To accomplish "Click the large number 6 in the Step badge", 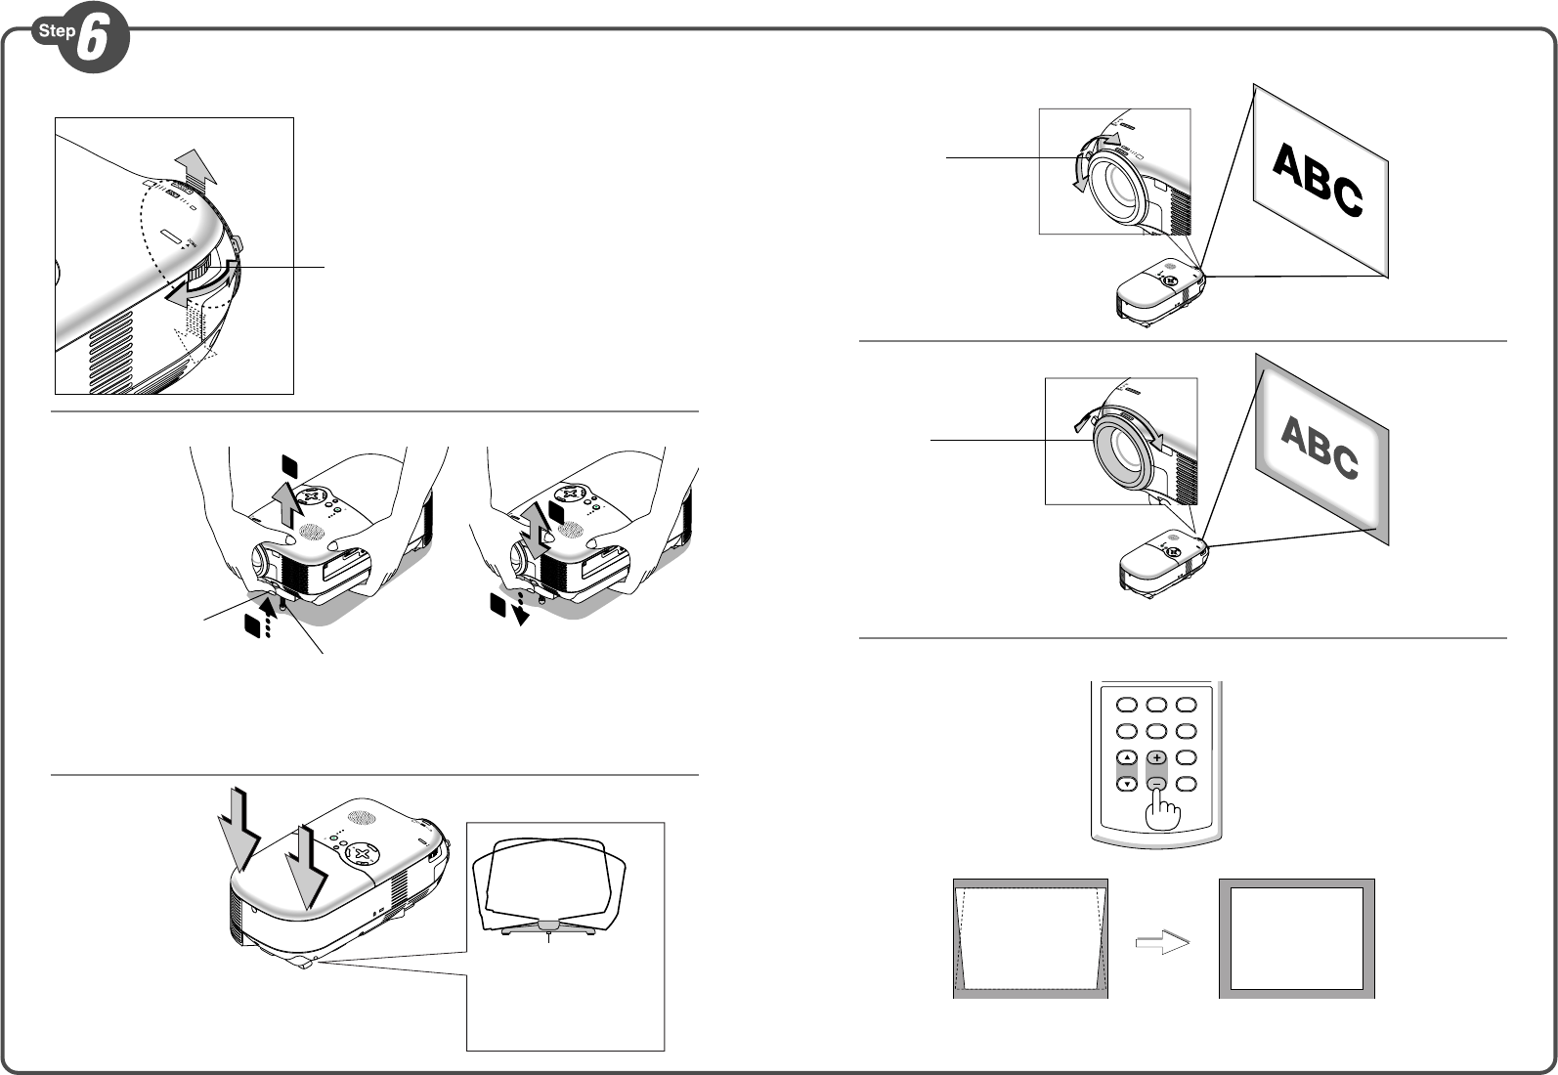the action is pyautogui.click(x=92, y=39).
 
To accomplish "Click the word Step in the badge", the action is pyautogui.click(x=57, y=31).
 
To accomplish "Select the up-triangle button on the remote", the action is pyautogui.click(x=1127, y=757).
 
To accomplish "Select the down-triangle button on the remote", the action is pyautogui.click(x=1127, y=784).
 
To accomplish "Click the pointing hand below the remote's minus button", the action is pyautogui.click(x=1162, y=811).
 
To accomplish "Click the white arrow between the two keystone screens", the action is pyautogui.click(x=1162, y=943).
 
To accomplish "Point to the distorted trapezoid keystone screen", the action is pyautogui.click(x=1030, y=938).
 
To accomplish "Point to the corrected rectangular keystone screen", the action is pyautogui.click(x=1296, y=938).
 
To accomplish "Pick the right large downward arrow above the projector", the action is pyautogui.click(x=306, y=868).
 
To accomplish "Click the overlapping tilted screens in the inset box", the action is pyautogui.click(x=548, y=885).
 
